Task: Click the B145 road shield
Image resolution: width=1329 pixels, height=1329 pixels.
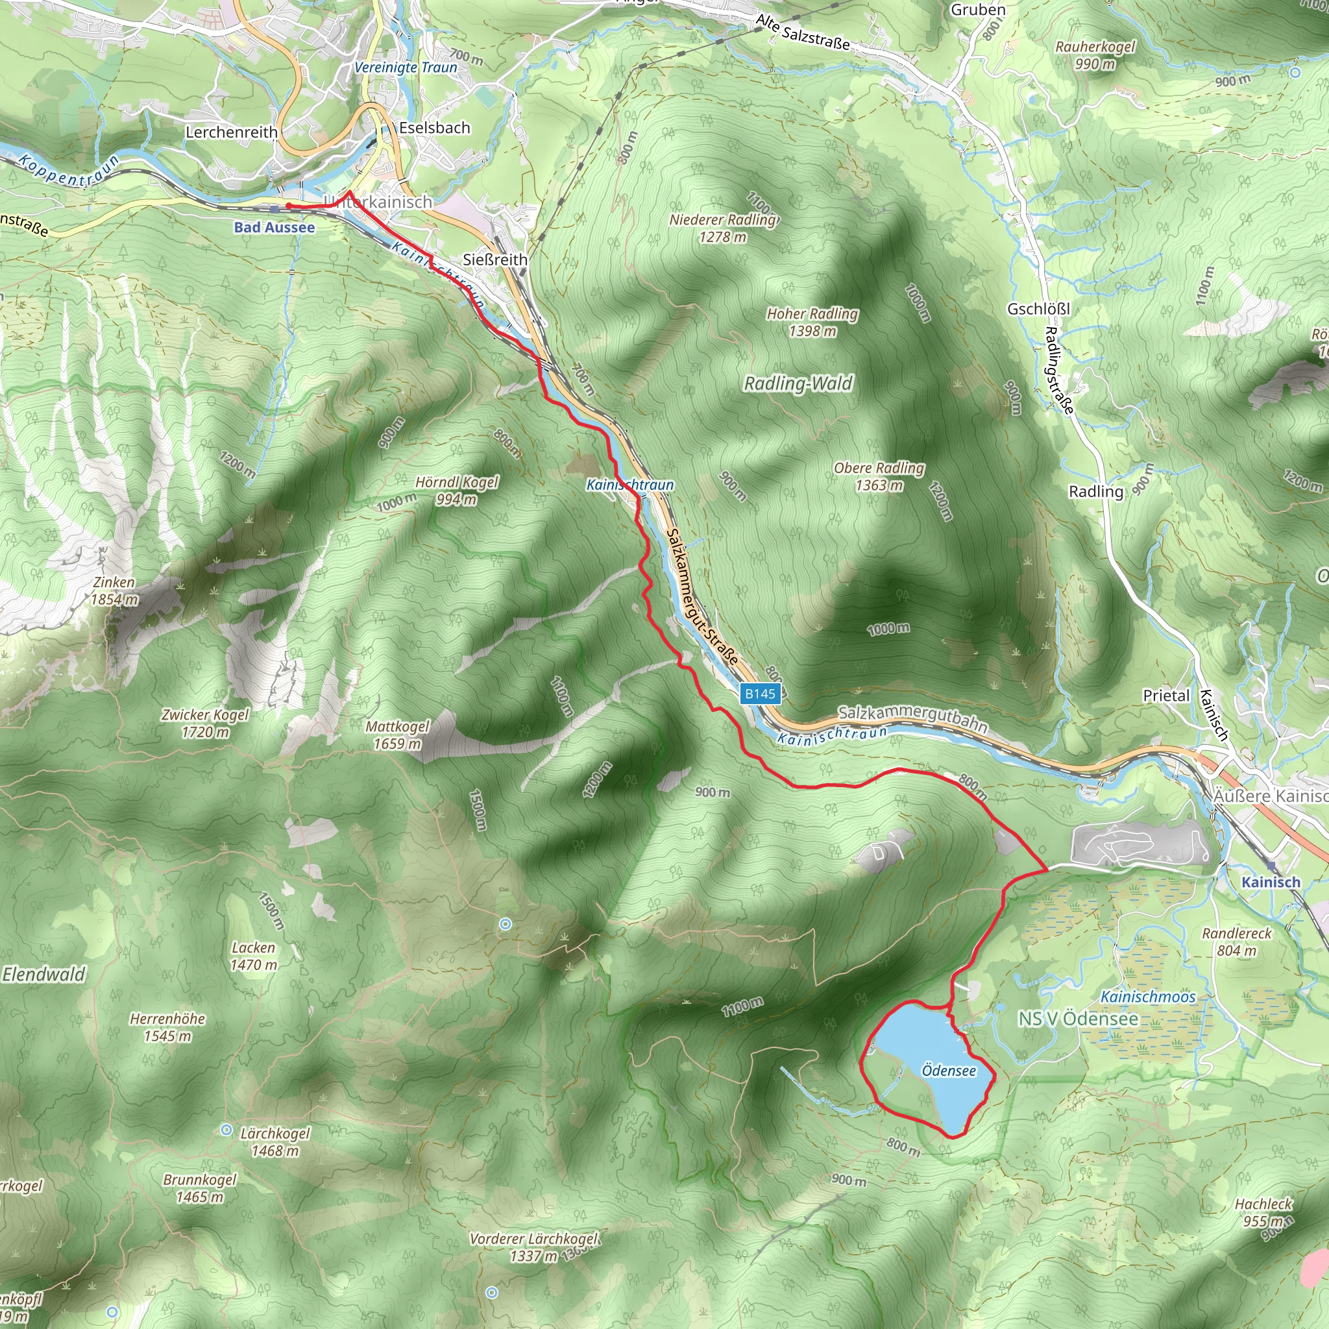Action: (x=760, y=694)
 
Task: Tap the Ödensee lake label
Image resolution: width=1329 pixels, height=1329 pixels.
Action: (x=949, y=1070)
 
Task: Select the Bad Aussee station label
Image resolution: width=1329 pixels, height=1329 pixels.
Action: (x=274, y=227)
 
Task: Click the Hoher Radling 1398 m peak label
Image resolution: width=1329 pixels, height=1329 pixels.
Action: (x=812, y=322)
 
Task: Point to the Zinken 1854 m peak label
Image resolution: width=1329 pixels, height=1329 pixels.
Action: (x=114, y=591)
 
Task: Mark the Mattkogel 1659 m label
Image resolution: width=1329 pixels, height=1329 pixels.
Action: (x=397, y=735)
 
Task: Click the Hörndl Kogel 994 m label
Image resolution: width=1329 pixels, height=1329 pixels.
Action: (x=457, y=491)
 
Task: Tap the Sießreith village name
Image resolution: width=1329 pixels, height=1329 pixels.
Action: (x=495, y=260)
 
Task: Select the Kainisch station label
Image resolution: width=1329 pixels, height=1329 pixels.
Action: (x=1271, y=882)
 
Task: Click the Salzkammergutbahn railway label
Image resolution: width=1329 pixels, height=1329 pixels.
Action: (x=913, y=718)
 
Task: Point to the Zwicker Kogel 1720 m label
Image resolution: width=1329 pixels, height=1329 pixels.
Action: (x=205, y=723)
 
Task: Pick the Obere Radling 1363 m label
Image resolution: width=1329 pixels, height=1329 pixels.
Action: (x=879, y=476)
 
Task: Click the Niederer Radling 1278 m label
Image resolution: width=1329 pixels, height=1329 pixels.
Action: (x=723, y=228)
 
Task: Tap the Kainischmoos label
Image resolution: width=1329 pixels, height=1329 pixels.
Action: (x=1148, y=997)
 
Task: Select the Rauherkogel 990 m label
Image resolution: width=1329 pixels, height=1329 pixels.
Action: (x=1095, y=55)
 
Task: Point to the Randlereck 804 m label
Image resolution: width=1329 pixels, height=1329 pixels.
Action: (x=1236, y=942)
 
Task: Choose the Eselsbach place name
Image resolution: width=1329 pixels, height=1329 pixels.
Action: (x=435, y=128)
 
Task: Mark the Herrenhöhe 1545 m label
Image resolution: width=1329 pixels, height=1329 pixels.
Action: (x=167, y=1027)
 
